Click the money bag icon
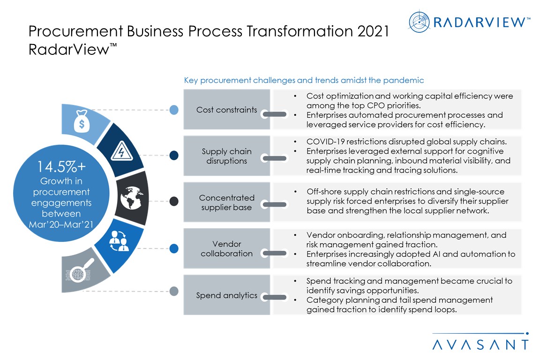[x=82, y=121]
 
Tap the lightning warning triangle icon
[x=121, y=151]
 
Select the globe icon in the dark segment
[x=132, y=198]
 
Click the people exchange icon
[x=119, y=240]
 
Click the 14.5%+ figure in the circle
[x=61, y=167]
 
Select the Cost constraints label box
[x=226, y=110]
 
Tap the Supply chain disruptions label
[x=226, y=156]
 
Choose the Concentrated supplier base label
[x=226, y=202]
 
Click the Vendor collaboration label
[x=226, y=249]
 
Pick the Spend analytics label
[x=226, y=295]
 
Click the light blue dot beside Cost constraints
[x=174, y=110]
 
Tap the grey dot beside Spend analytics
[x=174, y=291]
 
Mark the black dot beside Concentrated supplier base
[x=174, y=201]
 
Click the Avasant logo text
[x=480, y=345]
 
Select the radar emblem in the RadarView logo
[x=419, y=22]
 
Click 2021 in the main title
[x=373, y=31]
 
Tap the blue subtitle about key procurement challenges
[x=304, y=80]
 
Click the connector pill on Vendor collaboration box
[x=274, y=253]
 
